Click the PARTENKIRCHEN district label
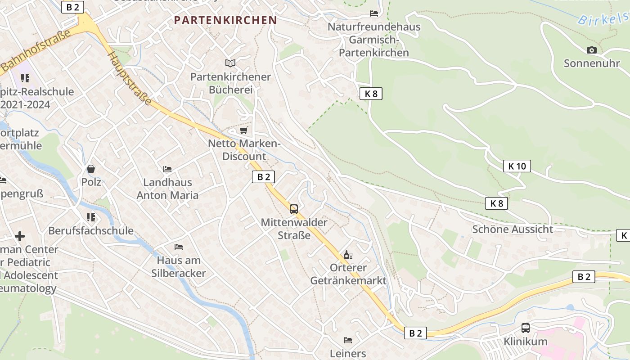coord(225,20)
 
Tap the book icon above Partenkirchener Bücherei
coord(230,63)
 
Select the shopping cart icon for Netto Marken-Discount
coord(244,130)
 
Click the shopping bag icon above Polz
coord(91,169)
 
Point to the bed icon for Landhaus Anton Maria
coord(167,169)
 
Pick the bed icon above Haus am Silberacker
coord(179,247)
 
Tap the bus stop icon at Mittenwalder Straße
coord(294,209)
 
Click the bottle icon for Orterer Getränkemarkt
coord(348,255)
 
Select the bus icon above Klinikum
coord(525,328)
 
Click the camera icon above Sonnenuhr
coord(592,50)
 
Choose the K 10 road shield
coord(517,166)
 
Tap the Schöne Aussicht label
coord(513,229)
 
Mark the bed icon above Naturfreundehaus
coord(374,13)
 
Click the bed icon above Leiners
coord(348,340)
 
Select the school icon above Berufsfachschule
coord(91,217)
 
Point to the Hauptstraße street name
coord(130,77)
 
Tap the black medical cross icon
coord(20,236)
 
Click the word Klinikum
coord(526,342)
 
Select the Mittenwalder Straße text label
coord(294,229)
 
